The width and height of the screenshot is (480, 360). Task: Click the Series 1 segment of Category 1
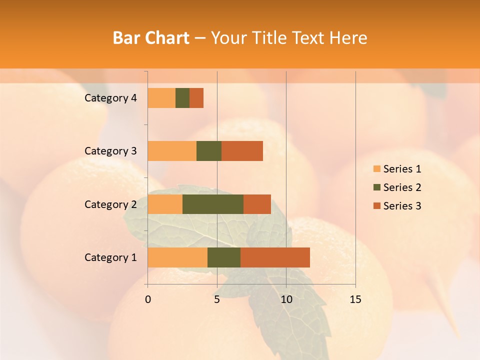click(x=177, y=257)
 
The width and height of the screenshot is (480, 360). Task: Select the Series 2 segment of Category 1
click(x=224, y=257)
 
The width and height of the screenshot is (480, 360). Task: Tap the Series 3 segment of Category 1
click(x=275, y=257)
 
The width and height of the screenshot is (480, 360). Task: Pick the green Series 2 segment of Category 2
click(x=213, y=204)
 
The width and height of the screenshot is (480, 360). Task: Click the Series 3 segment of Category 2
click(x=257, y=204)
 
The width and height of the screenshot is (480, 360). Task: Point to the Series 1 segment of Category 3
click(x=172, y=151)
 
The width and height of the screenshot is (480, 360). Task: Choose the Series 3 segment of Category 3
click(x=242, y=151)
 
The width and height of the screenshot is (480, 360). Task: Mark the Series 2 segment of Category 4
click(x=182, y=98)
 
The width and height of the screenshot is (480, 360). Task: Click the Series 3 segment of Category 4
click(x=196, y=98)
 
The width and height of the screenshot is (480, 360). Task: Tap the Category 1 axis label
click(x=110, y=257)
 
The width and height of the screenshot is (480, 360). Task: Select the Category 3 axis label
click(x=110, y=151)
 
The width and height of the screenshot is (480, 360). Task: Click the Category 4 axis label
click(x=110, y=98)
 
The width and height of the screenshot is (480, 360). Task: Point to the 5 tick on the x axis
click(x=217, y=299)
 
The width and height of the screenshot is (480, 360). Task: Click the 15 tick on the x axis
click(x=355, y=299)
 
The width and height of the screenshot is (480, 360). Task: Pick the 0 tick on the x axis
click(x=148, y=299)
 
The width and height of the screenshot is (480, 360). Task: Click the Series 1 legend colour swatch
click(x=376, y=169)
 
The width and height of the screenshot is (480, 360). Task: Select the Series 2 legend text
click(x=402, y=187)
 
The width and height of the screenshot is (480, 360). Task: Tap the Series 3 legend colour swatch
click(x=376, y=206)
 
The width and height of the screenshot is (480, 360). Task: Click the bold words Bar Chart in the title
click(x=151, y=38)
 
